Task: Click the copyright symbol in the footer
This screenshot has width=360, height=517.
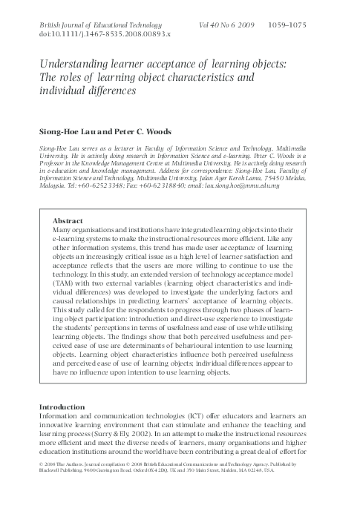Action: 39,483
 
